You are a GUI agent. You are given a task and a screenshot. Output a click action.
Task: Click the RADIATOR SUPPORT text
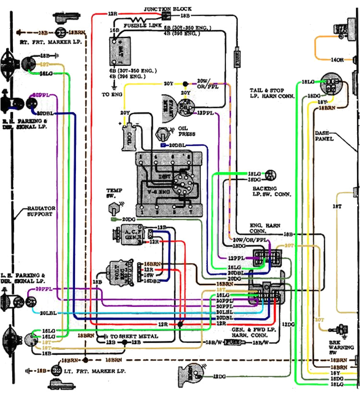tap(41, 212)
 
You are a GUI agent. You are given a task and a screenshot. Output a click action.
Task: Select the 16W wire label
tap(149, 275)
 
